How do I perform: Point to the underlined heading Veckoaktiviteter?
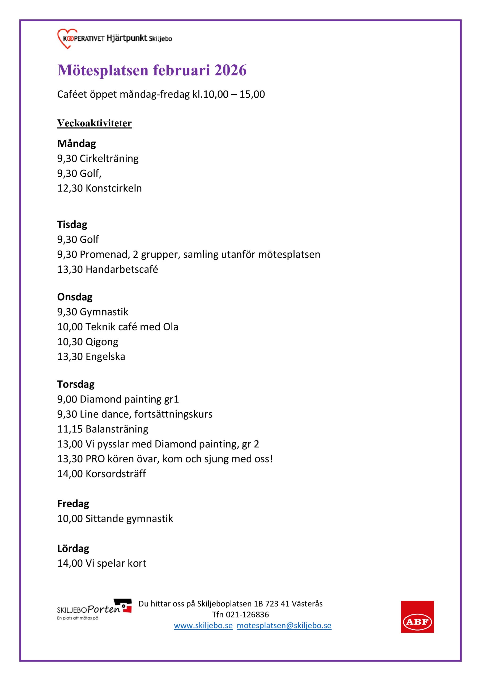coord(94,123)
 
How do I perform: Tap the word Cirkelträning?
coord(109,159)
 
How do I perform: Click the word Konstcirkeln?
coord(113,188)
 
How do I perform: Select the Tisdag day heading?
coord(72,225)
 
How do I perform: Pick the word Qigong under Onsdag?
coord(102,342)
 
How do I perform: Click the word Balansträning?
coord(117,429)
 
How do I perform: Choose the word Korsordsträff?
coord(116,474)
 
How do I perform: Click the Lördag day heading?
coord(73,549)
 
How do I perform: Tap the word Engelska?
coord(105,356)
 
